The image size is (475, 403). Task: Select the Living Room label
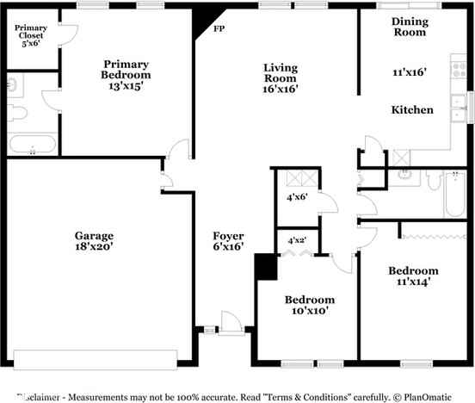pyautogui.click(x=281, y=76)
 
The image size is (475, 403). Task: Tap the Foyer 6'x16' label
pyautogui.click(x=229, y=241)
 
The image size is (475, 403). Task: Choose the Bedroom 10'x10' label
pyautogui.click(x=307, y=305)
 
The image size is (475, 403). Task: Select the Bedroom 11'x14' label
pyautogui.click(x=413, y=275)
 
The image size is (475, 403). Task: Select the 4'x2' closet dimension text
pyautogui.click(x=297, y=239)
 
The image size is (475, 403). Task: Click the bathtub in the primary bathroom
pyautogui.click(x=32, y=145)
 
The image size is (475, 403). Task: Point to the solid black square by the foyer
pyautogui.click(x=266, y=267)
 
